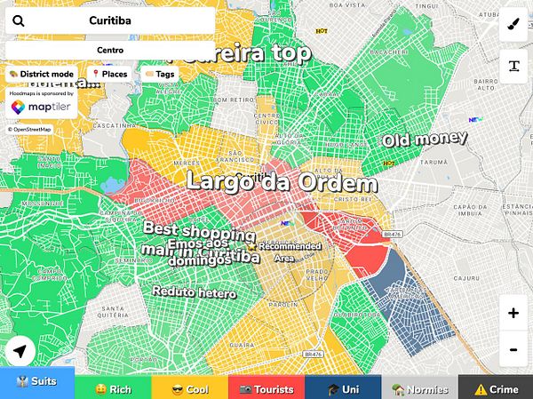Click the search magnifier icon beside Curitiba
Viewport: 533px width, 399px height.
[x=19, y=20]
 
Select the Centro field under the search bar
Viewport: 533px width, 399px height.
[x=110, y=50]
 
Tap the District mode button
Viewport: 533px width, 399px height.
[x=41, y=74]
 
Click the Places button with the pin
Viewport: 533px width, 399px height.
[x=109, y=74]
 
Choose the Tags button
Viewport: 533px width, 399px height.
[x=160, y=74]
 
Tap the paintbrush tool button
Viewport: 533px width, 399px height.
[x=513, y=26]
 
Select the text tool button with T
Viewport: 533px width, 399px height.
[x=513, y=65]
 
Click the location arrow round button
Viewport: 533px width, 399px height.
[x=20, y=352]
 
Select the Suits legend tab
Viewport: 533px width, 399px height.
[x=37, y=387]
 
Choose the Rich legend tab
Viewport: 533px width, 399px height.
[x=114, y=387]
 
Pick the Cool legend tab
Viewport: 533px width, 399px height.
[x=190, y=387]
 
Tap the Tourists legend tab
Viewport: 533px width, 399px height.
[x=266, y=387]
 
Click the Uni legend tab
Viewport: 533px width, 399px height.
[x=343, y=387]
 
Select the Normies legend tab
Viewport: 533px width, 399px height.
[x=419, y=387]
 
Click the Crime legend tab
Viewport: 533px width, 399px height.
[x=496, y=387]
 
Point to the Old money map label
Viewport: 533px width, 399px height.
[x=425, y=140]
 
